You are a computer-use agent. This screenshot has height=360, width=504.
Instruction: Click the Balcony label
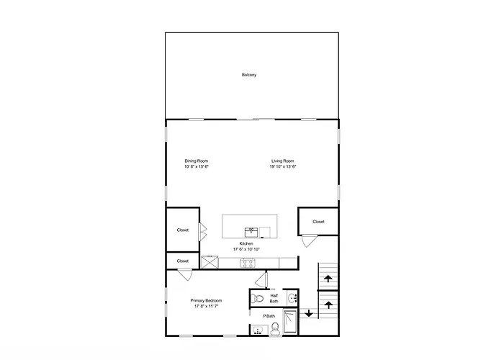(249, 75)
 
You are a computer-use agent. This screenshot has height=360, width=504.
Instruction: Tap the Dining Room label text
(197, 161)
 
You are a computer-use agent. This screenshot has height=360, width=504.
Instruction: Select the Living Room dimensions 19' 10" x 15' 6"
(283, 166)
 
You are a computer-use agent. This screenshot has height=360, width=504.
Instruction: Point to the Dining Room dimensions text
(197, 166)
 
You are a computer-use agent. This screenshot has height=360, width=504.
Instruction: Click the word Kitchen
(246, 243)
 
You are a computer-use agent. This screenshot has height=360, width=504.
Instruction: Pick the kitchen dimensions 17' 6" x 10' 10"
(246, 249)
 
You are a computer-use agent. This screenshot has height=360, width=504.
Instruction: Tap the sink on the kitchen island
(251, 232)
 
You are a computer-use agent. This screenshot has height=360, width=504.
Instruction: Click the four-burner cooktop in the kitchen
(248, 264)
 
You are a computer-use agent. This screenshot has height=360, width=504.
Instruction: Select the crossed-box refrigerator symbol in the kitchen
(210, 262)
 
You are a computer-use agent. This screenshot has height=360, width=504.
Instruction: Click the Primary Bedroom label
(206, 300)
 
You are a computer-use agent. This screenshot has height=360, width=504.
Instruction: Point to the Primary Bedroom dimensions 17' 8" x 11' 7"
(206, 306)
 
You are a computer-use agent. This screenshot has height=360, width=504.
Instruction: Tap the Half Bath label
(274, 298)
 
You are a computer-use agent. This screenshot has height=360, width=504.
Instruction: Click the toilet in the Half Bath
(257, 298)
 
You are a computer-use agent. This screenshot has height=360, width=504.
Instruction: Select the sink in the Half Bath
(292, 298)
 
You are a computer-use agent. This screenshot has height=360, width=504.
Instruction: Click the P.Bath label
(269, 316)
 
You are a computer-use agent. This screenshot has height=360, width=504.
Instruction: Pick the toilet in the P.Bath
(275, 329)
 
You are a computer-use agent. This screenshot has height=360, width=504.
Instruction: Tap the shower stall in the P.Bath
(290, 321)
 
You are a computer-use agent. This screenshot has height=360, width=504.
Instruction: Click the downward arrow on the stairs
(309, 313)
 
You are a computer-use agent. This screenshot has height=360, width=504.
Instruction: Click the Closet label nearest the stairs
(318, 222)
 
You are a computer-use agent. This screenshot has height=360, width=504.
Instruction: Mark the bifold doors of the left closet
(203, 232)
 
